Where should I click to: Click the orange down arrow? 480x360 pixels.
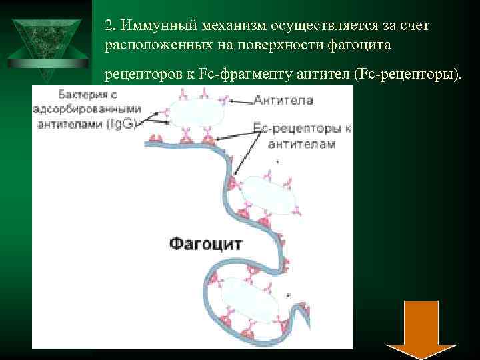point(421,330)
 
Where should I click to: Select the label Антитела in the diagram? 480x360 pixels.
point(283,100)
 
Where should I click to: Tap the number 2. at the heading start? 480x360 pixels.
point(111,25)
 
